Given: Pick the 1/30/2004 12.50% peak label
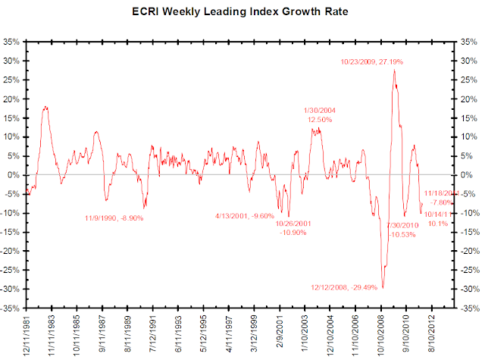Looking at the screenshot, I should (320, 115).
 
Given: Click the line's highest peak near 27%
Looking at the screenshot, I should (393, 70).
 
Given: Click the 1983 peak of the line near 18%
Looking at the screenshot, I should (46, 107).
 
